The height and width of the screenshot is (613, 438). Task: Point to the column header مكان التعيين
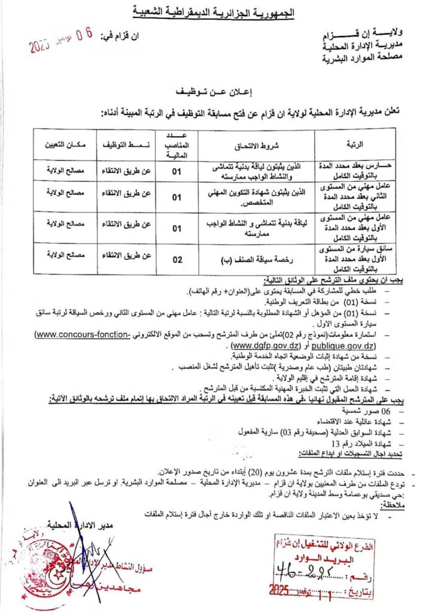(65, 144)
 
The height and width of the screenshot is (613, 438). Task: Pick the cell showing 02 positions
(177, 258)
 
